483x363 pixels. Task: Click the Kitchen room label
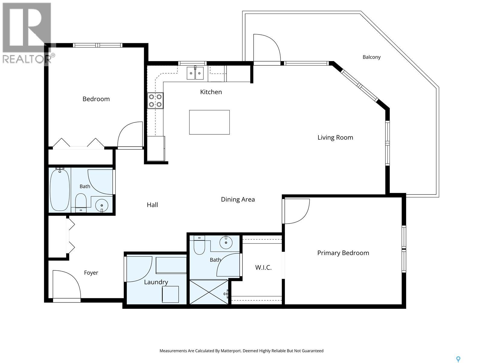211,92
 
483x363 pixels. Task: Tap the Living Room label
335,138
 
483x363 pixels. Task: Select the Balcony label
371,57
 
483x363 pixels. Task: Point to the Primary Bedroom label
343,253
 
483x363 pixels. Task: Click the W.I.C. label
263,267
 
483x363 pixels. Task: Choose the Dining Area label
238,199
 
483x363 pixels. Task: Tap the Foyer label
91,273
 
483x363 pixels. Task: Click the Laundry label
156,282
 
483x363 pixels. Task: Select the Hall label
152,205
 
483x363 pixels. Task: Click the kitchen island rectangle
209,122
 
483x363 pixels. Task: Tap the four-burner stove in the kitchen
155,100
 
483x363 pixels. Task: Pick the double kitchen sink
195,73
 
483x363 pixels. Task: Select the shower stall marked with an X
209,292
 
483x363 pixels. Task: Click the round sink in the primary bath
226,242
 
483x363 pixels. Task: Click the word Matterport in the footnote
231,351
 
